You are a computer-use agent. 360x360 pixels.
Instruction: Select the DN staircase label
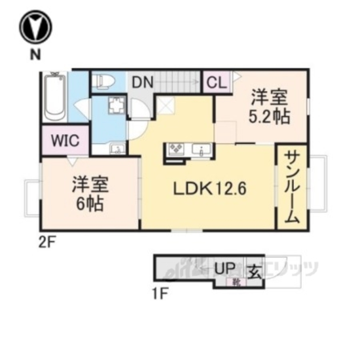[x=142, y=83]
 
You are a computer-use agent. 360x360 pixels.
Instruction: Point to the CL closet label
[x=216, y=83]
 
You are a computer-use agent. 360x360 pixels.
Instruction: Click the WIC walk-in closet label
[x=65, y=140]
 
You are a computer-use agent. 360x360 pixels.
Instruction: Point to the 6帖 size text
[x=90, y=204]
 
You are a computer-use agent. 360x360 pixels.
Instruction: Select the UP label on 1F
[x=225, y=269]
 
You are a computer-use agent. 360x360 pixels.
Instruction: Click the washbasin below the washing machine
[x=117, y=149]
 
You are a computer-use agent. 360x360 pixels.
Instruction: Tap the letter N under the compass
[x=35, y=54]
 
